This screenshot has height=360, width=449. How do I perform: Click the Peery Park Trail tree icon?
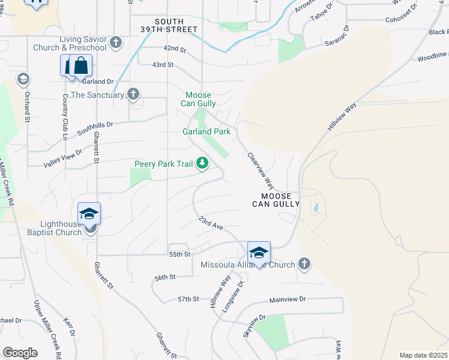(x=203, y=163)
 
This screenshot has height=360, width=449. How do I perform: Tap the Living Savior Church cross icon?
(x=116, y=43)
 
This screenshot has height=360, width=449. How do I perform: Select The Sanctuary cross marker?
(x=133, y=94)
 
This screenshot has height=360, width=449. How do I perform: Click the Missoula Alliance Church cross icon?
(x=304, y=265)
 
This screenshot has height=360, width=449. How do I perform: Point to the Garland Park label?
(x=206, y=131)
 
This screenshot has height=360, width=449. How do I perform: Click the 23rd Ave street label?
(x=211, y=223)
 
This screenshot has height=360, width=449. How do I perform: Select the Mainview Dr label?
(x=288, y=299)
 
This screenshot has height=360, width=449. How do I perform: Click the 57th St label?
(x=188, y=299)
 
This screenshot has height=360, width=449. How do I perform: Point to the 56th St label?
(x=164, y=277)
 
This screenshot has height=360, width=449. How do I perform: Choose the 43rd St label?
(x=163, y=64)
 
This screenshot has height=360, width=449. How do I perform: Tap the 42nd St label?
(x=175, y=49)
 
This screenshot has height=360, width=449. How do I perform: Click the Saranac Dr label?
(x=337, y=36)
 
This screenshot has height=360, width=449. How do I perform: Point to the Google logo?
(x=20, y=353)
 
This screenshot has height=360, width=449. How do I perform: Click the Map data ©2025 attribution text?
(x=424, y=355)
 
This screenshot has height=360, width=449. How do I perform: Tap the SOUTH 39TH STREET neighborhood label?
(x=176, y=25)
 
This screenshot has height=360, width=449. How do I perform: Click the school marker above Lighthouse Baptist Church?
(x=89, y=214)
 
